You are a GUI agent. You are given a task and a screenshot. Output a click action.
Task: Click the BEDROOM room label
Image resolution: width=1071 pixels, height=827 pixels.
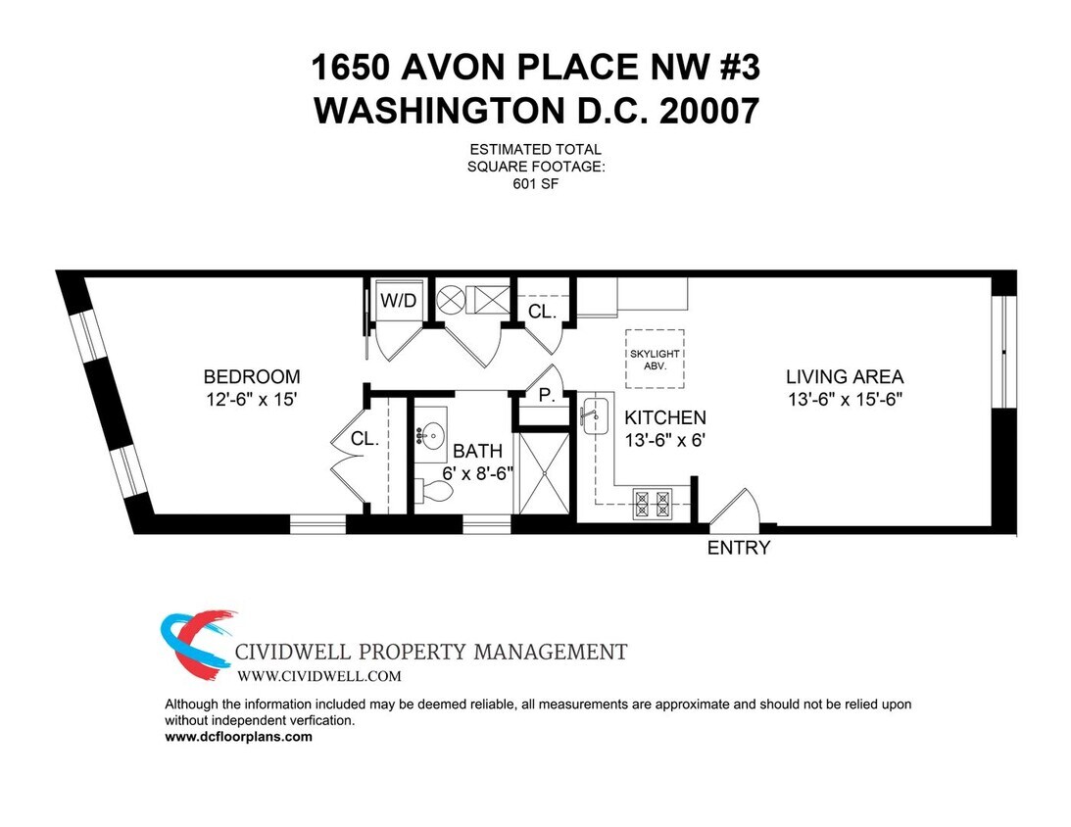coord(252,376)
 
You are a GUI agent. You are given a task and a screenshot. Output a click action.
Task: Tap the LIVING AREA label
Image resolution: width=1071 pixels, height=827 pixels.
coord(844,376)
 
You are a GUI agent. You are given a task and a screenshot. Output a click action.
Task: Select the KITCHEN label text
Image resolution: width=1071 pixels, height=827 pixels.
coord(664,417)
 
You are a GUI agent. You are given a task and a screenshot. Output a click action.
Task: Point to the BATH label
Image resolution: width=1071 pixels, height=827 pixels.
coord(477,452)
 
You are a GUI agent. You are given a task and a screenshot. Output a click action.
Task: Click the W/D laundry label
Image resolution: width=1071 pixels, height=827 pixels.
coord(398,301)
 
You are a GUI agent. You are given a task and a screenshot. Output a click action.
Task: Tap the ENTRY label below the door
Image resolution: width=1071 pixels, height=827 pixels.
coord(739,549)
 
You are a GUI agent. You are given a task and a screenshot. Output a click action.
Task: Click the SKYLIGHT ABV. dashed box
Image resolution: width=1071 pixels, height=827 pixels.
coord(655,359)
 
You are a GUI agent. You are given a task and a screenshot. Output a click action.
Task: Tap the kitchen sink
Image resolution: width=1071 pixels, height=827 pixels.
coord(594,417)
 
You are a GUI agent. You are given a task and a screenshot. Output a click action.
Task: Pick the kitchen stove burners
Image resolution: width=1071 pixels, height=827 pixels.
coord(655,503)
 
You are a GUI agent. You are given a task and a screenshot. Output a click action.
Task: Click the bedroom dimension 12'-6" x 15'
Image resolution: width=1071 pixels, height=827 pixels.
coord(252,400)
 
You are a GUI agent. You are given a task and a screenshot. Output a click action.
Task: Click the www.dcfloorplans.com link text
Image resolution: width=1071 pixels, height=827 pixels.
coord(238,737)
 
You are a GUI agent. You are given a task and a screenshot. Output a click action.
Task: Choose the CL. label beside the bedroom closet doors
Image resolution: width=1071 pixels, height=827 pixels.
coord(365,440)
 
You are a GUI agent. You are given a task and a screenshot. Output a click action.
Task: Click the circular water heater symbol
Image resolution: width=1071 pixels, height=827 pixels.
coord(450,298)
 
